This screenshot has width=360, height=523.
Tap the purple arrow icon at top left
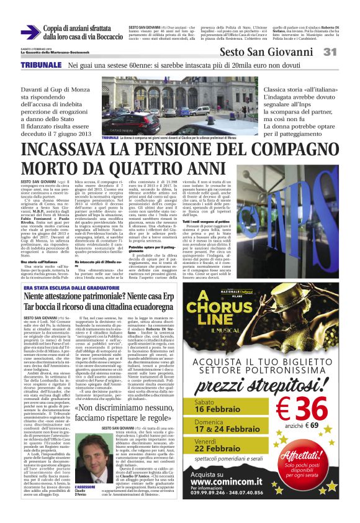(x=30, y=32)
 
